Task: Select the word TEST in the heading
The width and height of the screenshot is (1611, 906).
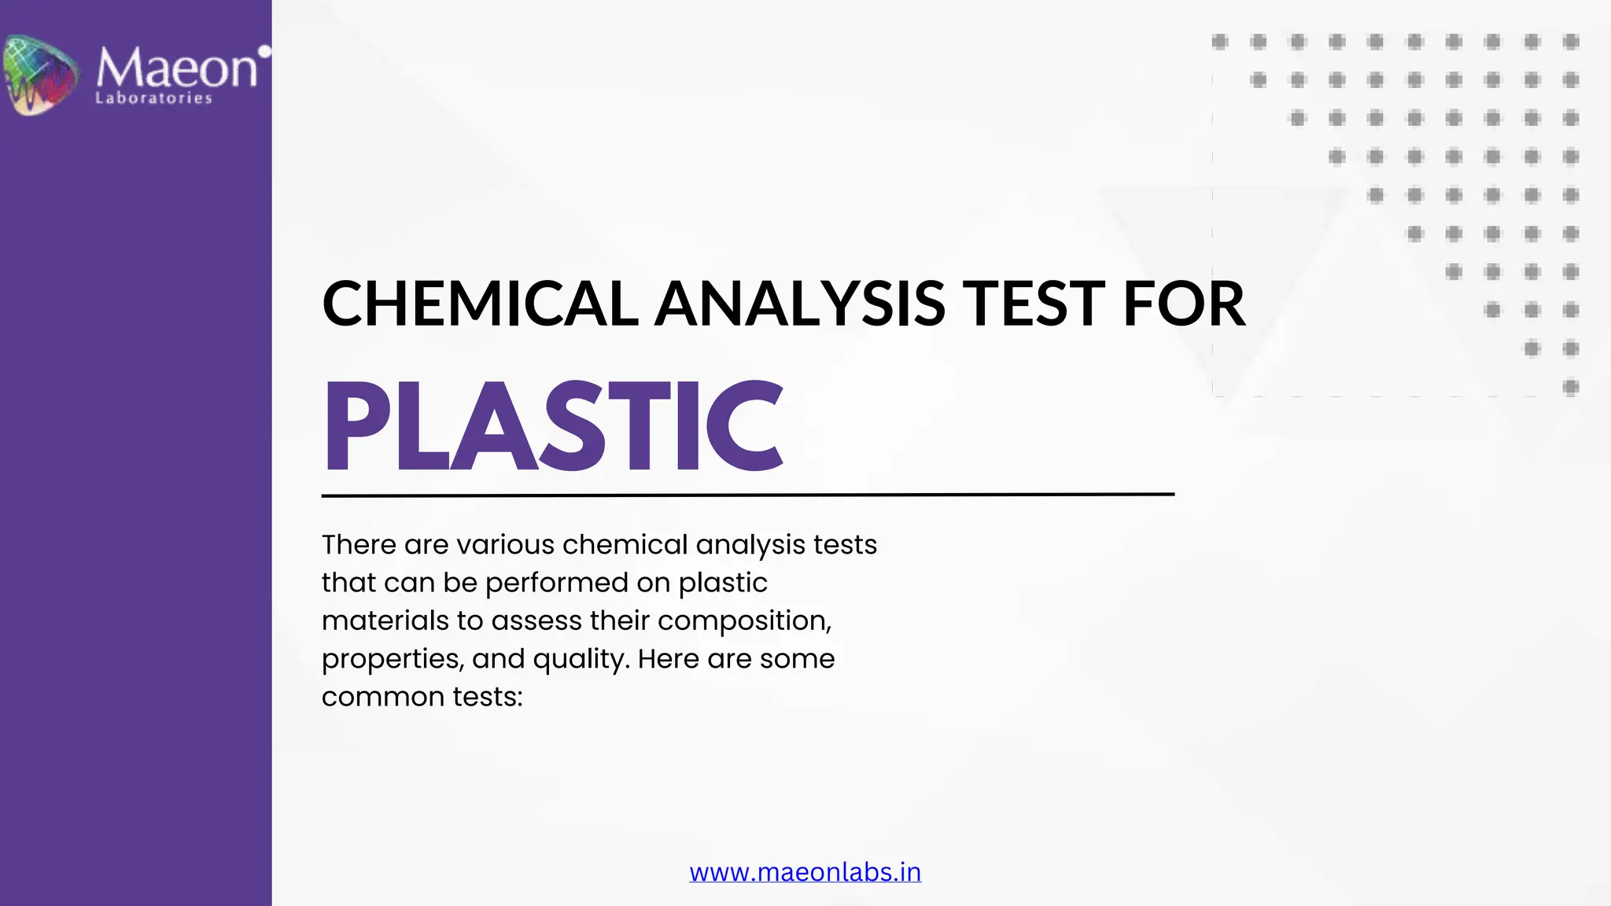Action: tap(1035, 304)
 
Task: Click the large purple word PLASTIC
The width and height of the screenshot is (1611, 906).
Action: tap(553, 426)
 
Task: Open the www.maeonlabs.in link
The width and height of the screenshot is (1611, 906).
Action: tap(805, 872)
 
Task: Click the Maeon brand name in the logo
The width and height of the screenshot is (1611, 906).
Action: tap(176, 68)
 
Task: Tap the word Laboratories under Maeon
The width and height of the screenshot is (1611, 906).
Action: tap(153, 98)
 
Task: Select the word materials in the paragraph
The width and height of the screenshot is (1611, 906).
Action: tap(385, 621)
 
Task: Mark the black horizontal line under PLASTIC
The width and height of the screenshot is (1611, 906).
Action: tap(747, 495)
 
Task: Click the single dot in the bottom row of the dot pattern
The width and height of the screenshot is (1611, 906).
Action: tap(1571, 387)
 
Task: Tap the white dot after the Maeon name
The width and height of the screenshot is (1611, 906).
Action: tap(265, 52)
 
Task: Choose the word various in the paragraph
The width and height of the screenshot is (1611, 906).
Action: tap(506, 544)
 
